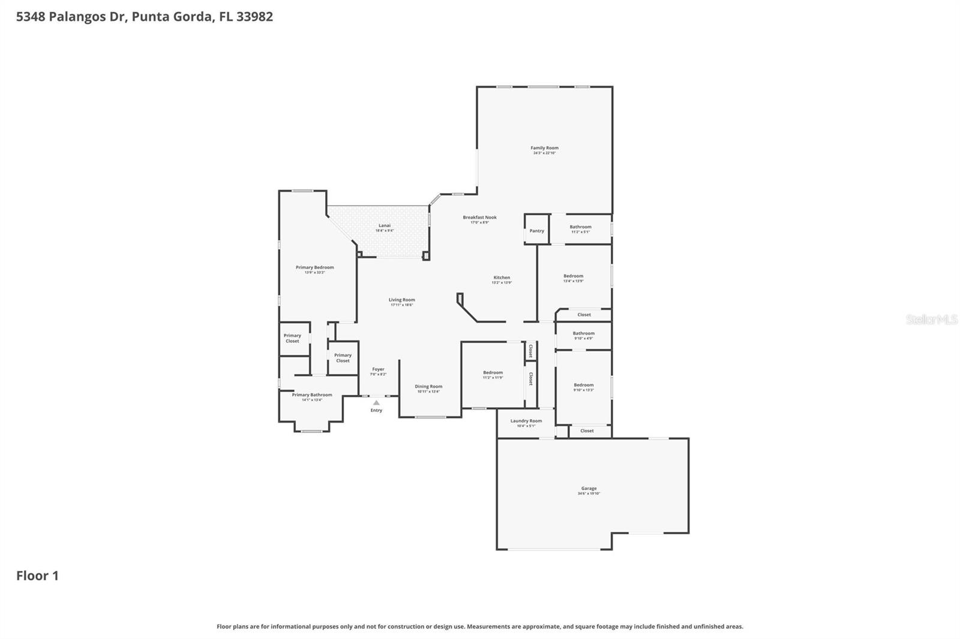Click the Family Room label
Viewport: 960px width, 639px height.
point(544,147)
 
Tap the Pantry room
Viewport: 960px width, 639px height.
point(536,231)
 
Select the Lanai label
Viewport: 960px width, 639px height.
point(385,225)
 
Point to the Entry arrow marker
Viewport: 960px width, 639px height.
point(376,403)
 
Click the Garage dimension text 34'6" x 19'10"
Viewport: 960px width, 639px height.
point(589,493)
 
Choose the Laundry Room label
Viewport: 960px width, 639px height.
point(526,421)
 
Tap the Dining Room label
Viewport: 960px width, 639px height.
point(428,387)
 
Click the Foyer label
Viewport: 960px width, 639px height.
point(378,369)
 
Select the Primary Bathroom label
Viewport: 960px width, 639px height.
point(312,395)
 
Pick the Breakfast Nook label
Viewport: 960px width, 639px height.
point(479,218)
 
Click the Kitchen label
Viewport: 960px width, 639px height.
point(502,278)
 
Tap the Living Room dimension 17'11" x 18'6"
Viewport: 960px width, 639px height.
point(401,305)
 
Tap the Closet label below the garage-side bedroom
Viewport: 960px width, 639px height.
point(587,430)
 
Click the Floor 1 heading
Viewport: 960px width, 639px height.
point(37,575)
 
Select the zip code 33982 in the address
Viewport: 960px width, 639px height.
point(254,16)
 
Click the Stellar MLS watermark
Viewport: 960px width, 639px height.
point(931,319)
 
